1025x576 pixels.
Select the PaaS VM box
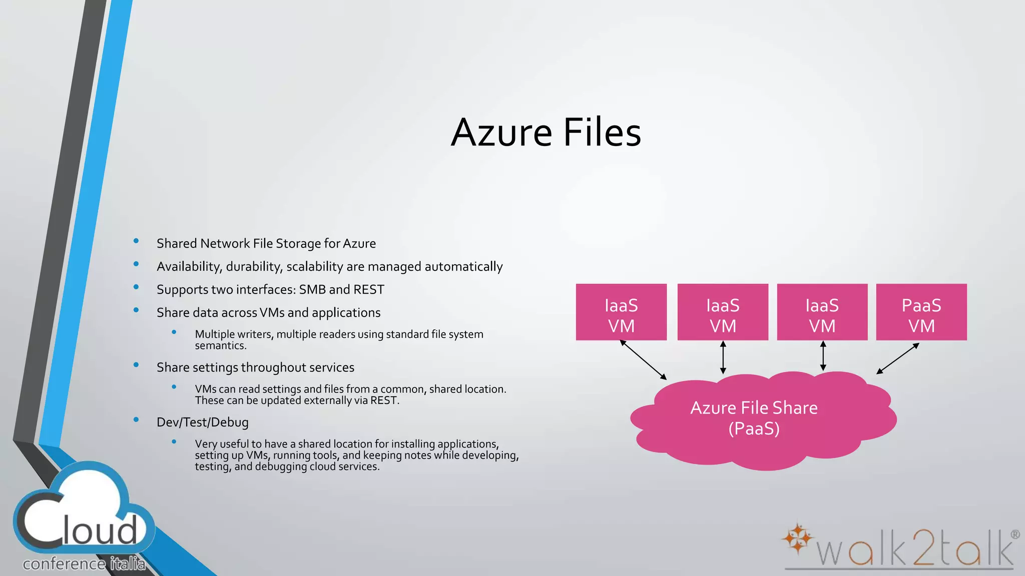tap(921, 312)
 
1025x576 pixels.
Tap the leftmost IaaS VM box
tap(621, 312)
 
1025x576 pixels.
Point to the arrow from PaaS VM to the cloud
tap(898, 358)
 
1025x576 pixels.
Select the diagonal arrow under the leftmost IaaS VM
tap(643, 359)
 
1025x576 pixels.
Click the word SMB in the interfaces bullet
tap(312, 290)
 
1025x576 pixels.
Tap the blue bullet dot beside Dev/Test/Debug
tap(136, 420)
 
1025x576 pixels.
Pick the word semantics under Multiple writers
tap(220, 346)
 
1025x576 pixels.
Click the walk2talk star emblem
tap(797, 538)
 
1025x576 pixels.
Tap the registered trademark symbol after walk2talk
tap(1015, 534)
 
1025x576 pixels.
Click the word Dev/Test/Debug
tap(202, 422)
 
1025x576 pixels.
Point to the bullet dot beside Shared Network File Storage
tap(136, 241)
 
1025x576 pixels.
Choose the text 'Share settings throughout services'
tap(255, 367)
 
